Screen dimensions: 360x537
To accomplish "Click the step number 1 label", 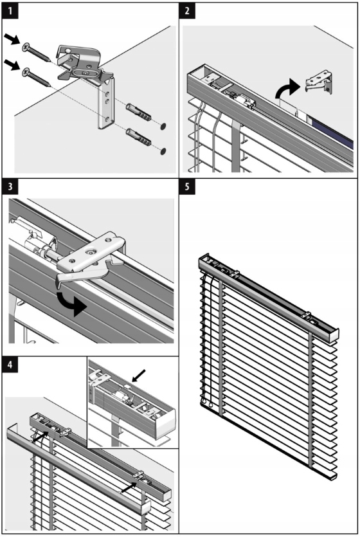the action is point(10,11).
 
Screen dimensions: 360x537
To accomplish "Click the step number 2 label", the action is point(187,11).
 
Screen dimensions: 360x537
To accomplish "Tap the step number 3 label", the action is point(10,187).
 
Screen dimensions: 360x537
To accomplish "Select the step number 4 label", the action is point(10,365).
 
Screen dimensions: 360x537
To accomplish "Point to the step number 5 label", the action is point(187,187).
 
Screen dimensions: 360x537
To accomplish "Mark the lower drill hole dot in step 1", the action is point(165,150).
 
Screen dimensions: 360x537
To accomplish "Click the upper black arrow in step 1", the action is point(13,39).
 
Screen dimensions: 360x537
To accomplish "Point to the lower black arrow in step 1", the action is point(13,64).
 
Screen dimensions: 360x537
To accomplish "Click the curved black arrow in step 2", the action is point(287,88).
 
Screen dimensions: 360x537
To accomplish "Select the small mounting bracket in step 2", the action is point(319,82).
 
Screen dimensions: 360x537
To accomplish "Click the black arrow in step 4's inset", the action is point(139,376).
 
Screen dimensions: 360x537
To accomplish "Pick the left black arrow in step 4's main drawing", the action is point(40,437).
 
